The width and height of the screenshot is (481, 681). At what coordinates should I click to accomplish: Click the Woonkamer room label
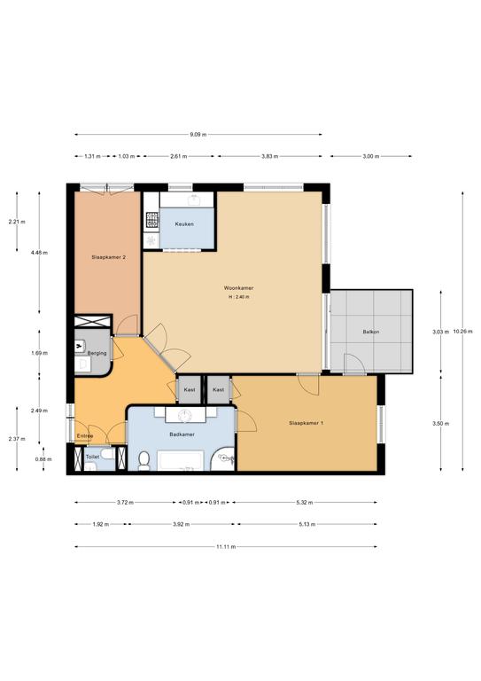click(x=238, y=288)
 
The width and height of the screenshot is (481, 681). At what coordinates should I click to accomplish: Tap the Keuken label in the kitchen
click(x=184, y=224)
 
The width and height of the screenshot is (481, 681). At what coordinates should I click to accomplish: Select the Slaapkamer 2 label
click(x=109, y=257)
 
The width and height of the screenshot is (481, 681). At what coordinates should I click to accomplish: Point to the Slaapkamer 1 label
click(x=306, y=423)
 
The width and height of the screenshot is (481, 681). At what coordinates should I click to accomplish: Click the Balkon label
click(x=371, y=332)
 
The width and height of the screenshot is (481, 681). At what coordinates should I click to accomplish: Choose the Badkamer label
click(x=182, y=434)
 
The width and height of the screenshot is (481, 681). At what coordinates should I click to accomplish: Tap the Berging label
click(x=97, y=353)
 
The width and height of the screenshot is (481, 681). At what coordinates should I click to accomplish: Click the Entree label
click(x=85, y=436)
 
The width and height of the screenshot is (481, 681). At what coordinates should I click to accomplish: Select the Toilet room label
click(x=92, y=457)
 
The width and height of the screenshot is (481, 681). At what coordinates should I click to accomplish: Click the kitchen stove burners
click(x=152, y=220)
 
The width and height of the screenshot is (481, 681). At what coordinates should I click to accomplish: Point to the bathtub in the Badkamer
click(x=181, y=460)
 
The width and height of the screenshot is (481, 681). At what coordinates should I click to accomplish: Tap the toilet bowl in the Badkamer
click(x=144, y=461)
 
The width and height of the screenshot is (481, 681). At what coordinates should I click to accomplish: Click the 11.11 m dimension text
click(x=226, y=547)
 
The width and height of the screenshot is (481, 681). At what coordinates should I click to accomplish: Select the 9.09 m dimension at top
click(x=198, y=135)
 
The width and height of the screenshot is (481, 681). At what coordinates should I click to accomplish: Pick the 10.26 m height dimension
click(x=462, y=332)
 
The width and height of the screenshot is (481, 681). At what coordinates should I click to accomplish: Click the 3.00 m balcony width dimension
click(x=371, y=156)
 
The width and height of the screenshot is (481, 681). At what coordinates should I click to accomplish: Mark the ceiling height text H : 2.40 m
click(x=239, y=297)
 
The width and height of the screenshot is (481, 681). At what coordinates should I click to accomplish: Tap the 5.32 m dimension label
click(x=305, y=503)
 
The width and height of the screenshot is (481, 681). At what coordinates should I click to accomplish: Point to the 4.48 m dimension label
click(x=40, y=253)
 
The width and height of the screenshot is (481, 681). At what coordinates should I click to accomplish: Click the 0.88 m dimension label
click(x=43, y=459)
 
